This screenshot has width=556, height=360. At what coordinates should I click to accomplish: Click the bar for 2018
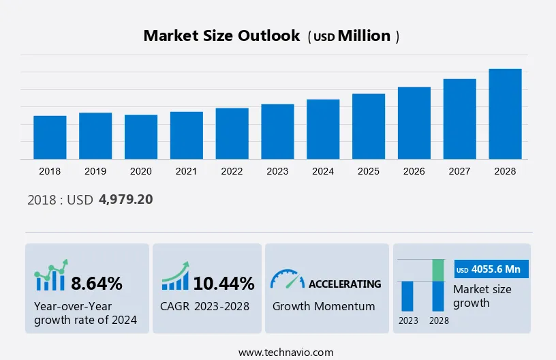pos(50,137)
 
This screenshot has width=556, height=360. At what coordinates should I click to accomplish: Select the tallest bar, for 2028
pos(505,114)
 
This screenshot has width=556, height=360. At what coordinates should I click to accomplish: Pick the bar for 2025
pos(369,126)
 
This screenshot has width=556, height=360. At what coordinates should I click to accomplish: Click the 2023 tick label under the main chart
pos(277,171)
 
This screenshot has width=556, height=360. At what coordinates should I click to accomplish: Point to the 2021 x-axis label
pos(187,171)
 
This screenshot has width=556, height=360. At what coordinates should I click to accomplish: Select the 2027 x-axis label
pos(460,171)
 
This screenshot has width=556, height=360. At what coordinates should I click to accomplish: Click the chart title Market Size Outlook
pos(221,36)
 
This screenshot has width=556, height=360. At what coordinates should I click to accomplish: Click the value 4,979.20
pos(125,200)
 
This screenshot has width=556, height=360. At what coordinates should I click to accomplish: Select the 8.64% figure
pos(97,283)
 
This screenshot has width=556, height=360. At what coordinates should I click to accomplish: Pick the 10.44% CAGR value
pos(223,283)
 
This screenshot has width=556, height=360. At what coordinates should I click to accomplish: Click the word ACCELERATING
pos(345,284)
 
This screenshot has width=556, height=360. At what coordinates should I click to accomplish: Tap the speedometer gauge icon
pos(287,280)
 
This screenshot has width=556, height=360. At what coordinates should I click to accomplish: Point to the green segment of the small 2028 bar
pos(438,270)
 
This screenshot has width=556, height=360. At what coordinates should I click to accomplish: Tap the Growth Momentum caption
pos(324,306)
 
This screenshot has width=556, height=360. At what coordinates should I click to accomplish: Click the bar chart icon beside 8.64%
pos(51,276)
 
